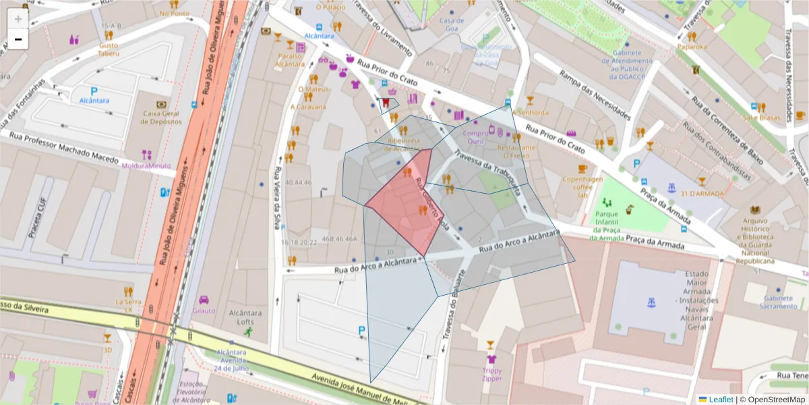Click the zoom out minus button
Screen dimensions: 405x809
tap(18, 40)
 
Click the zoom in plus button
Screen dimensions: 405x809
tap(18, 19)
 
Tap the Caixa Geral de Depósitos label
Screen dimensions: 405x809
tap(162, 118)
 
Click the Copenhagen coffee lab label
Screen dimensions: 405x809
tap(583, 187)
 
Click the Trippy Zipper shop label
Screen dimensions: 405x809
tap(491, 375)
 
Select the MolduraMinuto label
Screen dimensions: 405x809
tap(146, 165)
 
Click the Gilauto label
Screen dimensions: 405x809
tap(204, 310)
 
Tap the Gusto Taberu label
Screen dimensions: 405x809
tap(109, 49)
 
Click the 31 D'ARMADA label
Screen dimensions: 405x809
tap(702, 194)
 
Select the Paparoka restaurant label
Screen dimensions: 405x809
tap(692, 47)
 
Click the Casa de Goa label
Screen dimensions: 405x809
tap(452, 24)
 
